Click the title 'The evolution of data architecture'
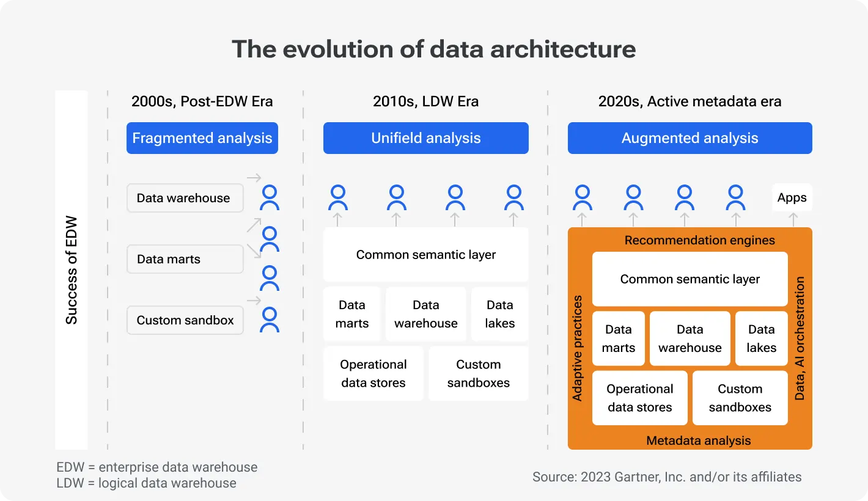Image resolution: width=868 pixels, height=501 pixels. (433, 49)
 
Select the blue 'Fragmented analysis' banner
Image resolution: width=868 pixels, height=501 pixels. (202, 138)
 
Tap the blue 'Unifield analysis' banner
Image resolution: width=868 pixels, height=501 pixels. (426, 138)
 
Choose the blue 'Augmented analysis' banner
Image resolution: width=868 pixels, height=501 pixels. (690, 138)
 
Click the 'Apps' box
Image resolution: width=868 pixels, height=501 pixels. (792, 197)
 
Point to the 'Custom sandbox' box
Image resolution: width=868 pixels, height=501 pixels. (185, 320)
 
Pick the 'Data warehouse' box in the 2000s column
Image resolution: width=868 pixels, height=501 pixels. (185, 198)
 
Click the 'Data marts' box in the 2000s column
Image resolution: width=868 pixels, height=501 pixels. (185, 259)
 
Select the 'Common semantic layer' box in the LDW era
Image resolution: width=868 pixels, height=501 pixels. (426, 255)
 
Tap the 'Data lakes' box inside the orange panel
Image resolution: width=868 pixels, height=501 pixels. (761, 338)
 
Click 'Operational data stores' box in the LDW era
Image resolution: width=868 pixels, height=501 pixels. (373, 373)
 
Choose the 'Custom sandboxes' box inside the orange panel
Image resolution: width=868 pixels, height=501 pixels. (740, 398)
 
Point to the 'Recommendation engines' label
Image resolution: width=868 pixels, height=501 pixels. (699, 240)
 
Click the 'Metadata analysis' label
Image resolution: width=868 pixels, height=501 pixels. (698, 440)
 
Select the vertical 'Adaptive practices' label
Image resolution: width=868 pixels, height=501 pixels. (577, 348)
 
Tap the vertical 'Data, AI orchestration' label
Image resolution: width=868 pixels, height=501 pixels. (800, 338)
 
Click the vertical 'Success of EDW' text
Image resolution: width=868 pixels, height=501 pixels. (72, 269)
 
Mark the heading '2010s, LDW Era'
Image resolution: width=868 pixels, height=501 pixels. (425, 101)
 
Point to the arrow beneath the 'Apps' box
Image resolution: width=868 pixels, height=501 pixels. (793, 219)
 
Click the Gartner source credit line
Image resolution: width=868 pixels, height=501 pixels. (667, 477)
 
